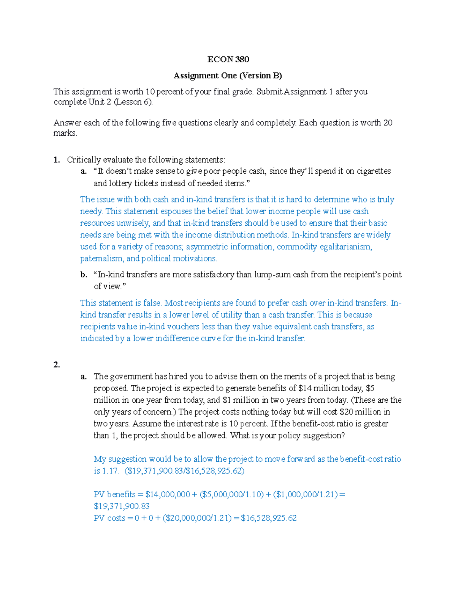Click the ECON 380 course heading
tap(228, 59)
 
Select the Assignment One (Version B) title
tap(228, 76)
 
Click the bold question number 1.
tap(57, 160)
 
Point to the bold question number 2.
tap(57, 365)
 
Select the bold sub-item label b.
tap(84, 275)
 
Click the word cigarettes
tap(374, 171)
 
